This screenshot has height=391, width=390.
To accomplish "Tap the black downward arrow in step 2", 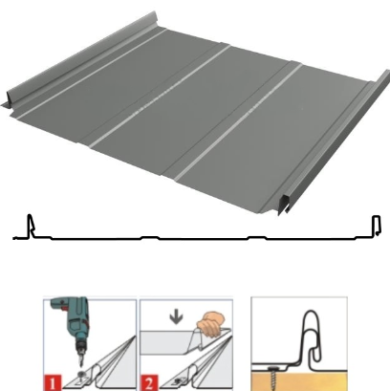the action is [176, 317].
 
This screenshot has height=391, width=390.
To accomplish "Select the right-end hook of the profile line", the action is [377, 226].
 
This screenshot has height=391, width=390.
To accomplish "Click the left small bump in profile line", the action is [150, 237].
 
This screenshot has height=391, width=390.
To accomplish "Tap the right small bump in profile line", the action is [257, 237].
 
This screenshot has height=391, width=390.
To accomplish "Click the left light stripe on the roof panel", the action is [161, 97].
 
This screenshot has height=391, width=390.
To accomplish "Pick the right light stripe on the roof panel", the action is [239, 122].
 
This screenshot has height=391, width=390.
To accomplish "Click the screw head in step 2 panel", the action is [179, 380].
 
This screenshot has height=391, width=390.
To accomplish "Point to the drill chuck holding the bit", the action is [80, 348].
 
